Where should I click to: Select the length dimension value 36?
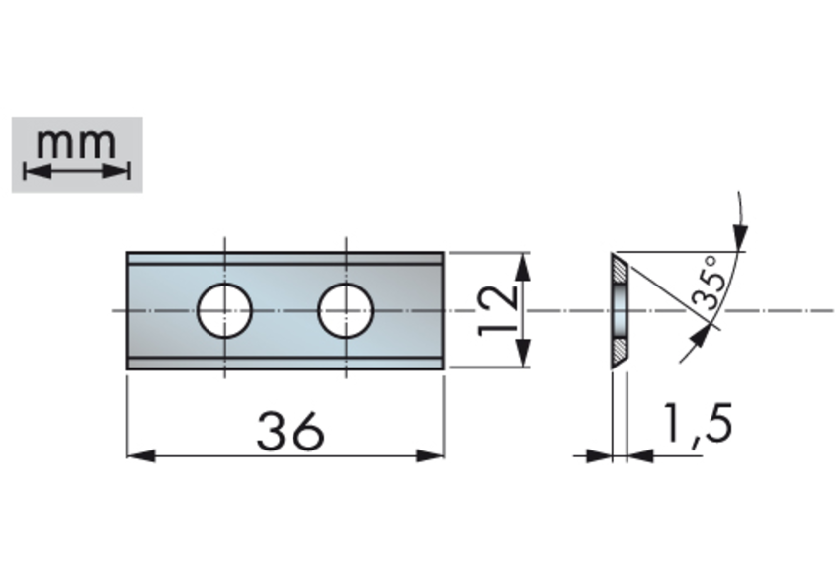click(291, 431)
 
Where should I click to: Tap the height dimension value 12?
click(498, 311)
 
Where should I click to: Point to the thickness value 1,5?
click(697, 423)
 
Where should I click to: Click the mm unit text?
click(76, 143)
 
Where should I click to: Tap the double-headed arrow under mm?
click(77, 171)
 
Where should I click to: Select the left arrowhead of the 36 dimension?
click(141, 456)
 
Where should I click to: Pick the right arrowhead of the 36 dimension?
click(430, 456)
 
